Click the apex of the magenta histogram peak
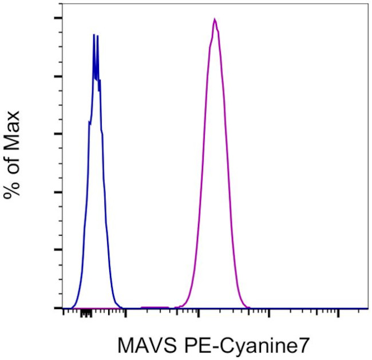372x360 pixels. coord(214,19)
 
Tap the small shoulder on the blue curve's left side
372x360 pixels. coord(89,121)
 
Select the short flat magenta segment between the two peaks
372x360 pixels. coord(155,307)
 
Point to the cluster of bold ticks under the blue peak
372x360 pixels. coord(86,313)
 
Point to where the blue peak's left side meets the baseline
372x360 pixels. coord(72,307)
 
